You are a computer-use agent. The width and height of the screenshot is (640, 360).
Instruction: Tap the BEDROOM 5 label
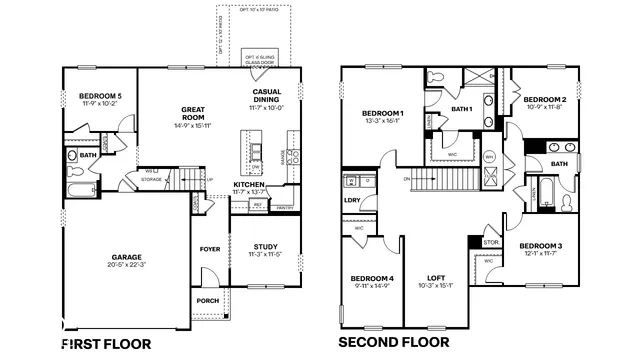(x=100, y=96)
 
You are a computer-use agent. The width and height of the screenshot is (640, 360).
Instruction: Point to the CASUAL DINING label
(x=266, y=95)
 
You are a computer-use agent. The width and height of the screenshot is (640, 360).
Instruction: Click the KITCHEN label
(x=249, y=185)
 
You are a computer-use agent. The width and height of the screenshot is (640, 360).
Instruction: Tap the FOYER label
(x=210, y=249)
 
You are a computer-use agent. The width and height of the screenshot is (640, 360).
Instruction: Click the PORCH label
(x=207, y=300)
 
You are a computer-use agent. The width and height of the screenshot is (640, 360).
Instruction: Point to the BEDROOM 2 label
(x=545, y=100)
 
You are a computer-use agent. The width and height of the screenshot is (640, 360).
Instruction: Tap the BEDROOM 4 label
(x=370, y=278)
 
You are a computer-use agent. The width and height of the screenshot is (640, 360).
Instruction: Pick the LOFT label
(x=437, y=278)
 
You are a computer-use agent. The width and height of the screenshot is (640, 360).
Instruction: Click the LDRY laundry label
(x=351, y=199)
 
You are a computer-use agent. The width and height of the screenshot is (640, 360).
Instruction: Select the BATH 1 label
(x=461, y=109)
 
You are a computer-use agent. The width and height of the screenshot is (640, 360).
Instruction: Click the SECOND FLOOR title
(x=392, y=343)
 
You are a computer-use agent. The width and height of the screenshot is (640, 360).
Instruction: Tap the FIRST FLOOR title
(x=107, y=343)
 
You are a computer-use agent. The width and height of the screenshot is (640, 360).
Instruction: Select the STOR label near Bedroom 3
(x=490, y=242)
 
